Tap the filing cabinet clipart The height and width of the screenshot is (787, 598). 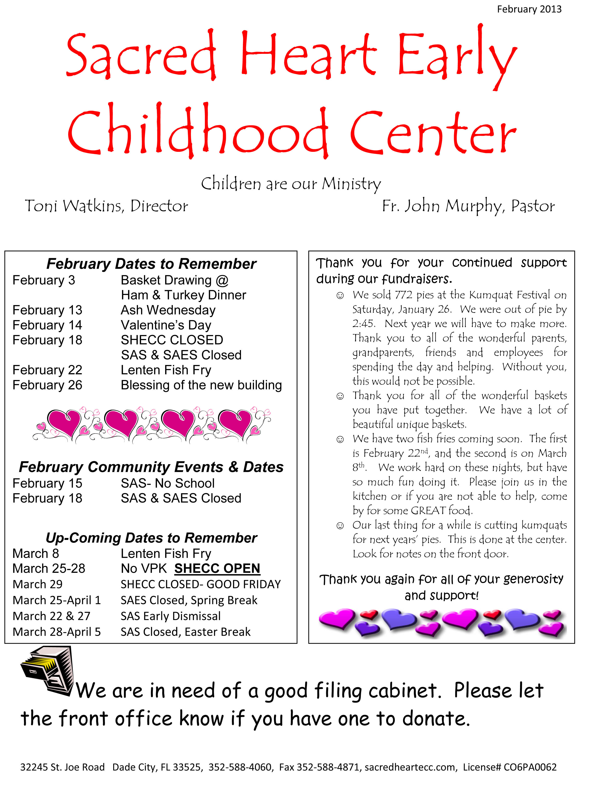(x=48, y=670)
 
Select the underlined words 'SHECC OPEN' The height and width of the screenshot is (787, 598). (x=217, y=569)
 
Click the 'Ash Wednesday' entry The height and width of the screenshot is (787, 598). (x=168, y=310)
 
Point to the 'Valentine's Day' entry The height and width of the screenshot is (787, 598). (x=166, y=325)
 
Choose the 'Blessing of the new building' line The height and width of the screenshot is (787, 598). (x=201, y=385)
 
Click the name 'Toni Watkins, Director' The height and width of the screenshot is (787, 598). (x=106, y=206)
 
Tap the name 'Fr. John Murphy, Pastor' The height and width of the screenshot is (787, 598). (x=468, y=206)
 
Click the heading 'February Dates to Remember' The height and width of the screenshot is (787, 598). (x=151, y=264)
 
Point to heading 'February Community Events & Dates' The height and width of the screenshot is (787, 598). (x=151, y=467)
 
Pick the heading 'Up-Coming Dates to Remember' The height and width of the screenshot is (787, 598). (x=151, y=538)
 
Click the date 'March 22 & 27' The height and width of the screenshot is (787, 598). (x=52, y=616)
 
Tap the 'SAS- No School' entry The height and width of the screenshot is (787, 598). (x=168, y=484)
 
